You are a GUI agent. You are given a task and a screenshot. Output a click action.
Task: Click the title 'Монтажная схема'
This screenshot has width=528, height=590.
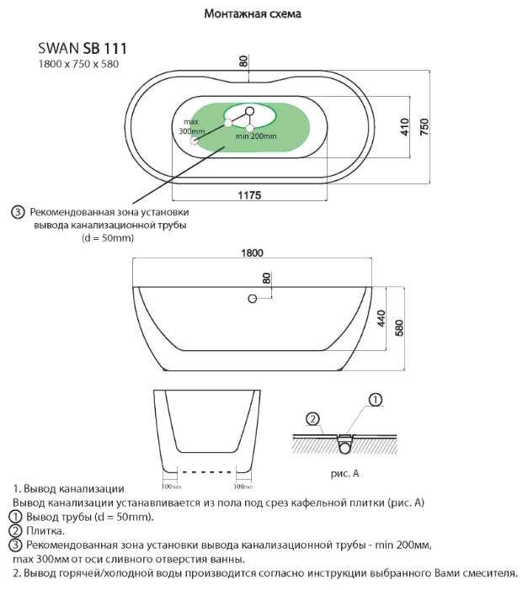pyautogui.click(x=253, y=14)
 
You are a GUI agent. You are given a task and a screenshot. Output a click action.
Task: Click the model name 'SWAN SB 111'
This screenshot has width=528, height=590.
pyautogui.click(x=83, y=50)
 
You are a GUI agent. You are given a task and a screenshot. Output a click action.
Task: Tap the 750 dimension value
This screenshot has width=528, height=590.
pyautogui.click(x=425, y=127)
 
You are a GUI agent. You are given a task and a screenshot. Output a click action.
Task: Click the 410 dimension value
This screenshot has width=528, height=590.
pyautogui.click(x=404, y=127)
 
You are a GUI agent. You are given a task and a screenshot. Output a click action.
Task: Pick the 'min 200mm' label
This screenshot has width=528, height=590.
pyautogui.click(x=256, y=136)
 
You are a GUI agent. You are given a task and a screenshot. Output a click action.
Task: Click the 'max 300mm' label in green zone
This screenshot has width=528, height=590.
pyautogui.click(x=192, y=127)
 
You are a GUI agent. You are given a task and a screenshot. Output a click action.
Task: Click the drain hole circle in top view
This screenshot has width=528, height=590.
pyautogui.click(x=250, y=111)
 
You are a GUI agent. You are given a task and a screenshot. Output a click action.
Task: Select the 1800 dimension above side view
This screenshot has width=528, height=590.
pyautogui.click(x=252, y=252)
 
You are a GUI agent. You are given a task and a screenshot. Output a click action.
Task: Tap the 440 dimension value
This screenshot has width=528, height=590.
pyautogui.click(x=380, y=318)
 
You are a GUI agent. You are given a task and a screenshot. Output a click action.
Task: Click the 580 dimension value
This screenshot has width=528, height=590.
pyautogui.click(x=401, y=327)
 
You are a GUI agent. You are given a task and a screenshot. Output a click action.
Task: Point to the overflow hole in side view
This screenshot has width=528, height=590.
pyautogui.click(x=252, y=298)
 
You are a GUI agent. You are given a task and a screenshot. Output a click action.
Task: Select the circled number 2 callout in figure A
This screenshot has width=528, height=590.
pyautogui.click(x=312, y=418)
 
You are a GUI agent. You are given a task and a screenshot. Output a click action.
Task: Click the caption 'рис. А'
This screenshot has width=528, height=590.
pyautogui.click(x=344, y=474)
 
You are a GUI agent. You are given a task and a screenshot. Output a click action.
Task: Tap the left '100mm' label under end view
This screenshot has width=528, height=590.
pyautogui.click(x=172, y=486)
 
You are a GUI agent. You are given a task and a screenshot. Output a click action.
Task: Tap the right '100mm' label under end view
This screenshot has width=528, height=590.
pyautogui.click(x=243, y=486)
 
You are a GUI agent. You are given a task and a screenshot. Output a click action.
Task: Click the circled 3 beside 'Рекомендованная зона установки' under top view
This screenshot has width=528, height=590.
pyautogui.click(x=18, y=212)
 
